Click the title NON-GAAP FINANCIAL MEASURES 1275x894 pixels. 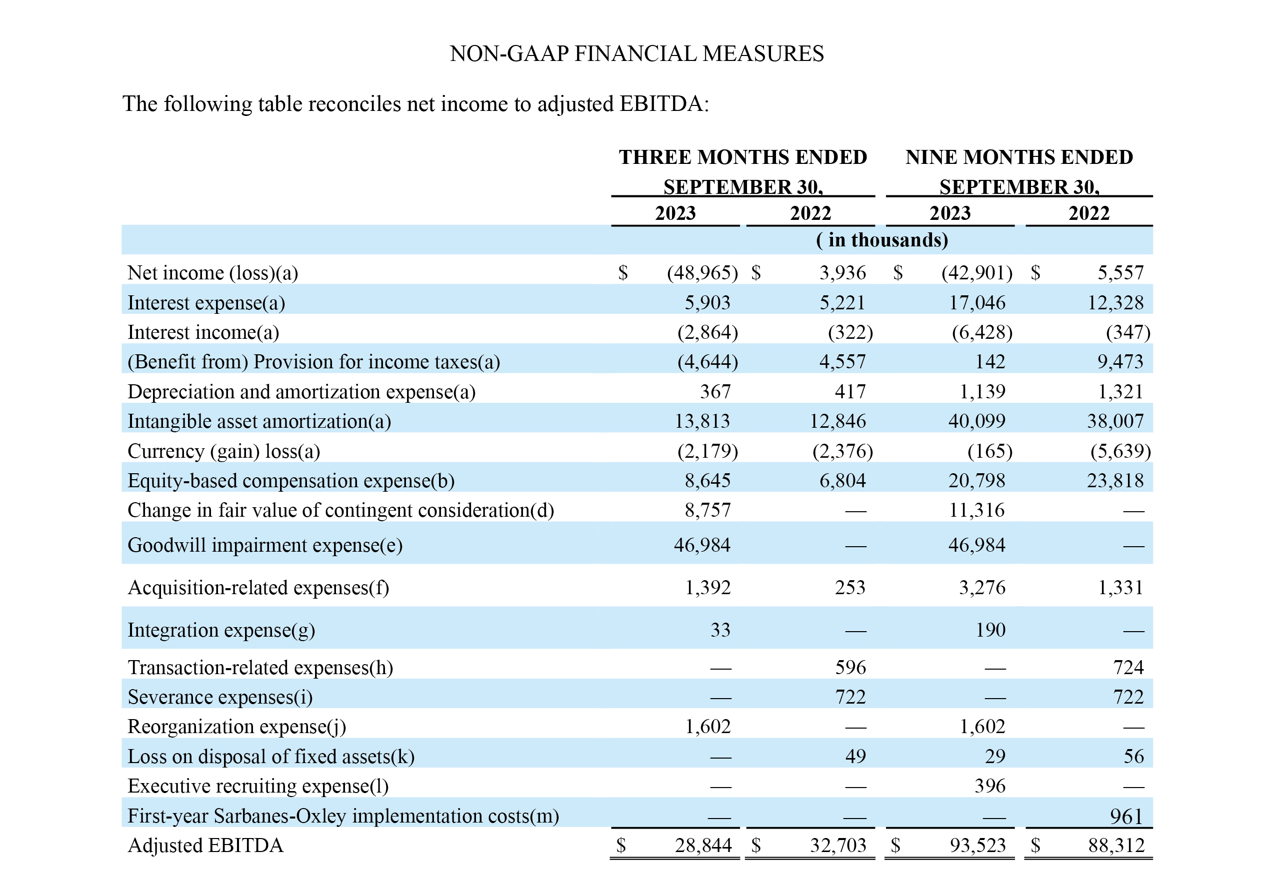click(636, 54)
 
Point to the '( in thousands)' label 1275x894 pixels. click(882, 240)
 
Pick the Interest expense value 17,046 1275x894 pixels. click(977, 302)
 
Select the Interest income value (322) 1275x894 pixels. click(850, 332)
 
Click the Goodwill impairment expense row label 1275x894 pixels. click(265, 546)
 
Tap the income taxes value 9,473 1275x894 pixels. click(1120, 362)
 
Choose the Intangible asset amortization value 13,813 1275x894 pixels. click(702, 421)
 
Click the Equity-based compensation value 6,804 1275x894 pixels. click(842, 481)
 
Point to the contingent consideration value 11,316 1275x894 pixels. click(977, 510)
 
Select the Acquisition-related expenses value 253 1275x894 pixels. click(850, 588)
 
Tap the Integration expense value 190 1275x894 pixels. click(990, 630)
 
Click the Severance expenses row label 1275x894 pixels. click(220, 697)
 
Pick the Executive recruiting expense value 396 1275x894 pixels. click(990, 786)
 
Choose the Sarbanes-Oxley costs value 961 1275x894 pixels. click(1126, 817)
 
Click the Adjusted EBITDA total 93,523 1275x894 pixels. click(978, 845)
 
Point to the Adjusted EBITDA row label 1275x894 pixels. click(205, 845)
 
